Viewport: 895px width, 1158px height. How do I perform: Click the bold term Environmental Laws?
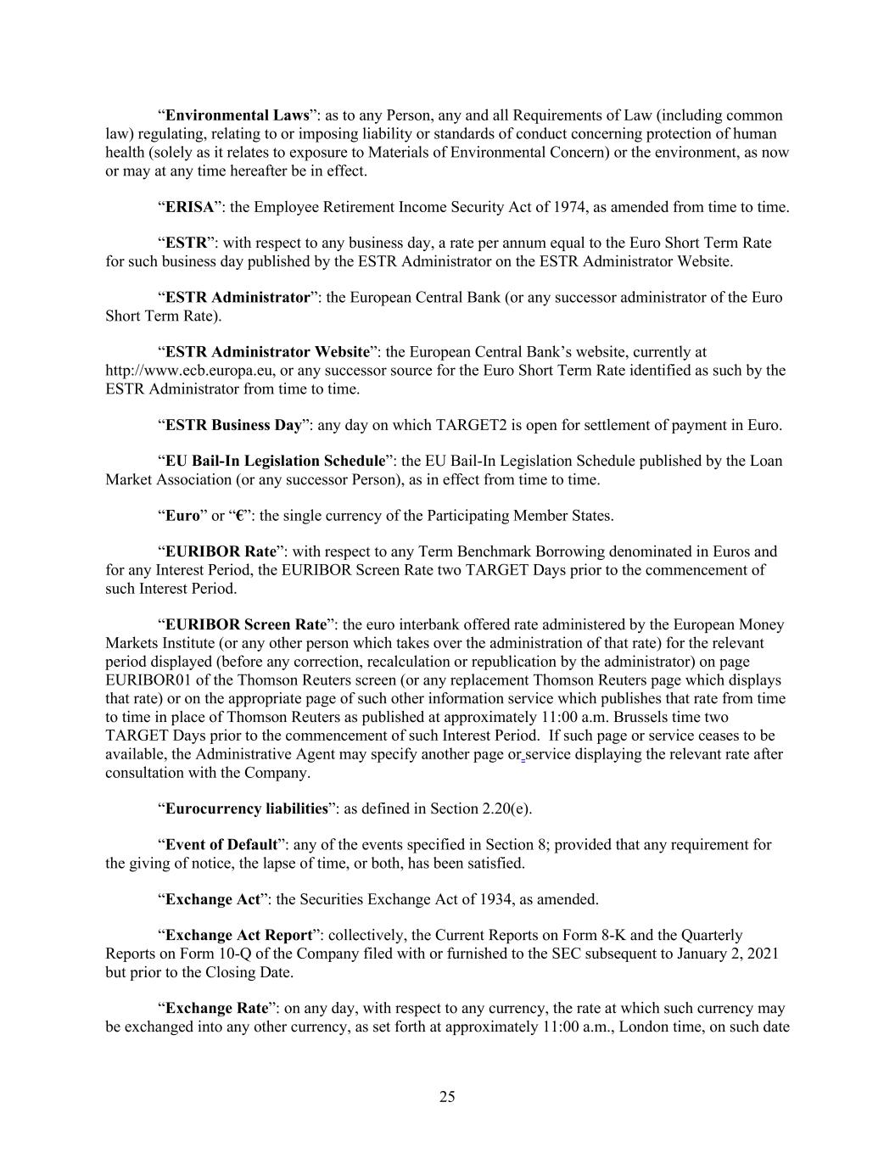(x=237, y=115)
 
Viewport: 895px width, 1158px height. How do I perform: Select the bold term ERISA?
(x=189, y=207)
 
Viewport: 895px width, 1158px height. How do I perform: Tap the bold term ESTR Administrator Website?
(x=267, y=352)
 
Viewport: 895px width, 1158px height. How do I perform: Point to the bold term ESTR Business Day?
(x=233, y=425)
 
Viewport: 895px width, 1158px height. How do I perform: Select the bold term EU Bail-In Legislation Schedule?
(x=275, y=462)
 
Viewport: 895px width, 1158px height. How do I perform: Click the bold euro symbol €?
(x=240, y=516)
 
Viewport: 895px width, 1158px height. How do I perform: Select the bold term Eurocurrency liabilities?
(x=246, y=808)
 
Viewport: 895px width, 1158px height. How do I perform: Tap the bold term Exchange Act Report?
(x=238, y=936)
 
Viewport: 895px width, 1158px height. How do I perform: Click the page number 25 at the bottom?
(x=447, y=1098)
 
